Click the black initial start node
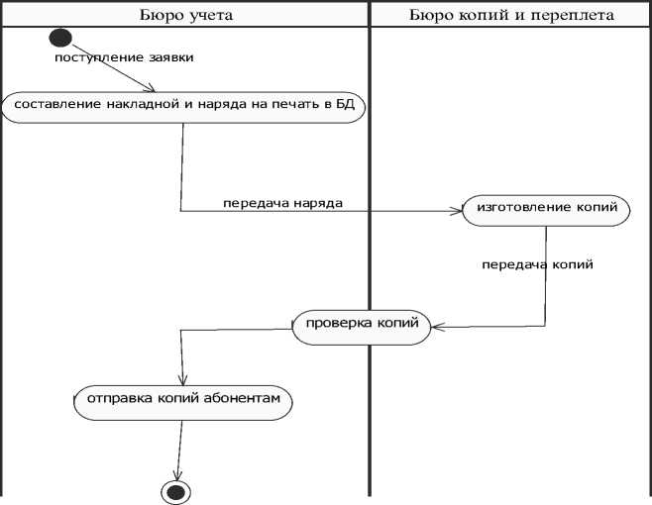(60, 39)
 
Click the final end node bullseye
(176, 491)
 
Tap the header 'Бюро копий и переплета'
(510, 15)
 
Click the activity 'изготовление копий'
(546, 210)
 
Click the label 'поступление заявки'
(124, 57)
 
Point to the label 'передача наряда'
(282, 203)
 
